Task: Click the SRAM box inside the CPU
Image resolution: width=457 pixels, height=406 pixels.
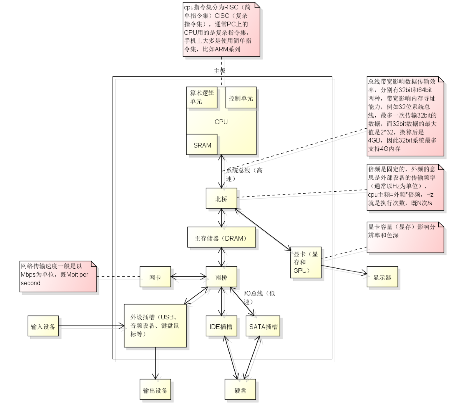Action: [202, 145]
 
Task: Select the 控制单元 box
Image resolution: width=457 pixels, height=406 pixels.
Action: [241, 98]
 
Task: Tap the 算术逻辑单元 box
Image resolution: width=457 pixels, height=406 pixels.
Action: [202, 97]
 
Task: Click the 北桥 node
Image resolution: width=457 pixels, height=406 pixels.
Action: [221, 199]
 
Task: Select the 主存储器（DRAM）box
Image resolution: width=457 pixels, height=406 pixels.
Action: [222, 238]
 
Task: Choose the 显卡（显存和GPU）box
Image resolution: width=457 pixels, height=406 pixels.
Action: [306, 262]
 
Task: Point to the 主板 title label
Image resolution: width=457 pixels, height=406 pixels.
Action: [220, 71]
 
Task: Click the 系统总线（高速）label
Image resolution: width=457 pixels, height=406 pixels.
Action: [244, 174]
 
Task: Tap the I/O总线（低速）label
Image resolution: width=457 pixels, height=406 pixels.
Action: [259, 297]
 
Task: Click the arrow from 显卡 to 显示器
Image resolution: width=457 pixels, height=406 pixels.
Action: [344, 270]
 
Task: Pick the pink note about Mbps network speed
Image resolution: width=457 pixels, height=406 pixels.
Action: [58, 276]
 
